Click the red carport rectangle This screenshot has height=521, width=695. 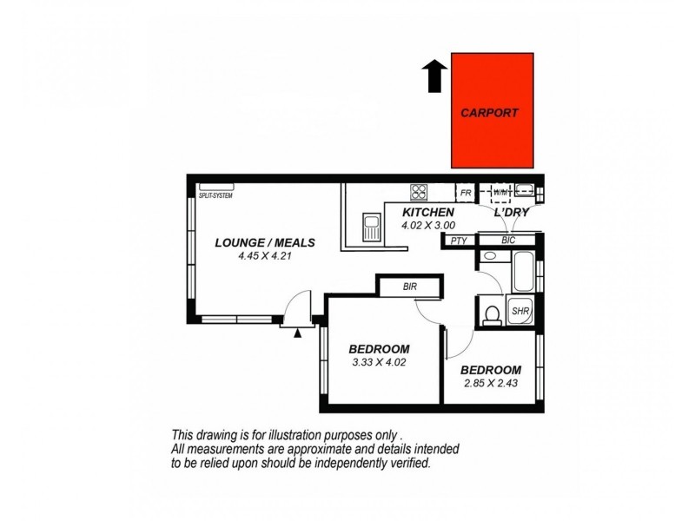pyautogui.click(x=492, y=109)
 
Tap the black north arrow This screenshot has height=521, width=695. pyautogui.click(x=433, y=76)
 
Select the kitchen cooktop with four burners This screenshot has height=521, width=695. pyautogui.click(x=420, y=192)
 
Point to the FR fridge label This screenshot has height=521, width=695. pyautogui.click(x=465, y=193)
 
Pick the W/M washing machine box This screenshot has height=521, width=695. pyautogui.click(x=500, y=192)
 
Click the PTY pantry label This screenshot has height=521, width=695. pyautogui.click(x=458, y=241)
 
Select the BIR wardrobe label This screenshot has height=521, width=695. pyautogui.click(x=412, y=286)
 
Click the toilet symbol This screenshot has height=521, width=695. pyautogui.click(x=491, y=313)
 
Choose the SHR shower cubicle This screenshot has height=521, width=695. pyautogui.click(x=520, y=311)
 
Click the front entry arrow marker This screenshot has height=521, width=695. pyautogui.click(x=298, y=332)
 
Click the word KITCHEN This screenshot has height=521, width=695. pyautogui.click(x=428, y=213)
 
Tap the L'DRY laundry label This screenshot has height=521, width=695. pyautogui.click(x=511, y=213)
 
